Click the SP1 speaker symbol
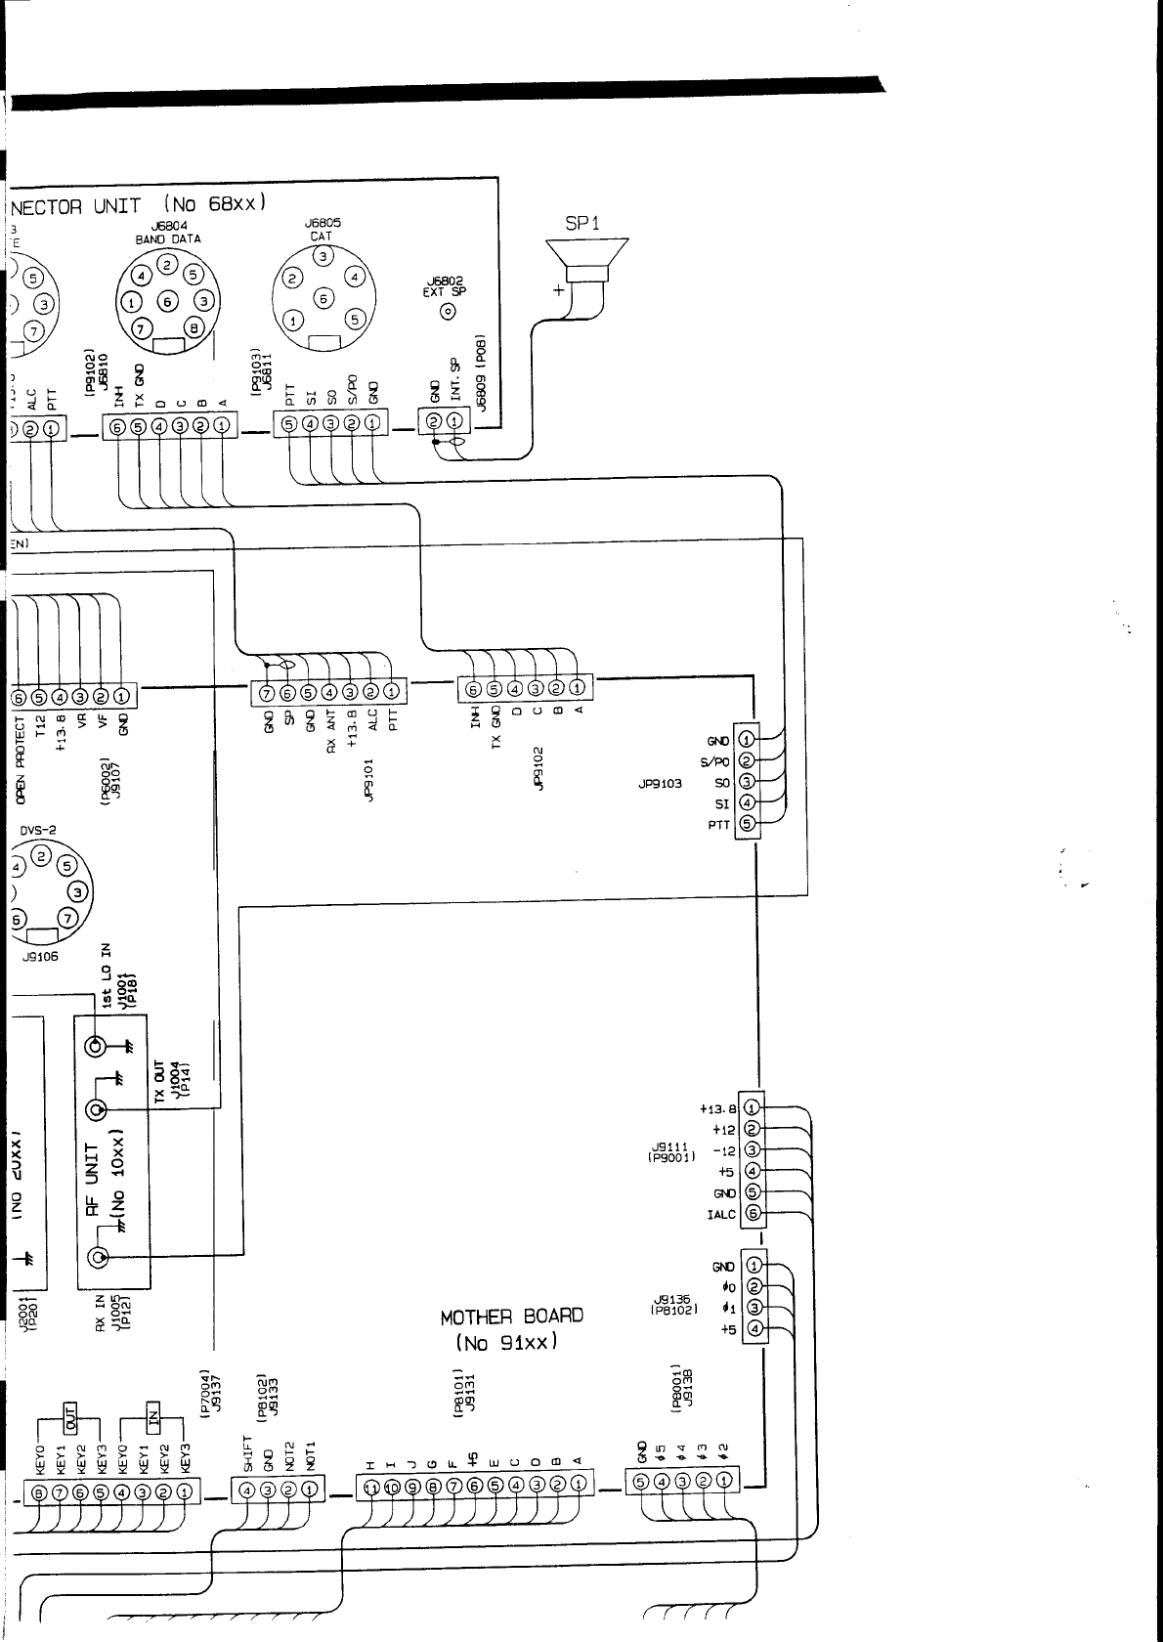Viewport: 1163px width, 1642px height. click(x=586, y=262)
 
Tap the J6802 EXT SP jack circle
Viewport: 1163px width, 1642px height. click(x=450, y=312)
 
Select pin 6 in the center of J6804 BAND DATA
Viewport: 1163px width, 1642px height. click(x=168, y=302)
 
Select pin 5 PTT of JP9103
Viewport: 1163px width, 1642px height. click(x=747, y=824)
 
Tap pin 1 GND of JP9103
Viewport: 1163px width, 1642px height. click(x=747, y=740)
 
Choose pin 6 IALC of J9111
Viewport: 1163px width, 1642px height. click(x=753, y=1214)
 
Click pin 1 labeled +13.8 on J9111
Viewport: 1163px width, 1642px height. click(x=753, y=1108)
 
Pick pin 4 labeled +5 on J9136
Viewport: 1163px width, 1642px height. click(x=754, y=1329)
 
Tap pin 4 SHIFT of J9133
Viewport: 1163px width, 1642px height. click(x=246, y=1491)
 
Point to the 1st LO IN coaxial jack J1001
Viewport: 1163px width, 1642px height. click(x=96, y=1046)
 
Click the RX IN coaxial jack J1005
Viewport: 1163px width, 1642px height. click(x=97, y=1257)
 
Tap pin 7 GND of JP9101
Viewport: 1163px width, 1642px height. click(x=268, y=693)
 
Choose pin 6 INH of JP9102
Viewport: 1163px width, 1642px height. click(x=474, y=688)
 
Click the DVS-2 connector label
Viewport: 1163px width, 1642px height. click(x=39, y=830)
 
